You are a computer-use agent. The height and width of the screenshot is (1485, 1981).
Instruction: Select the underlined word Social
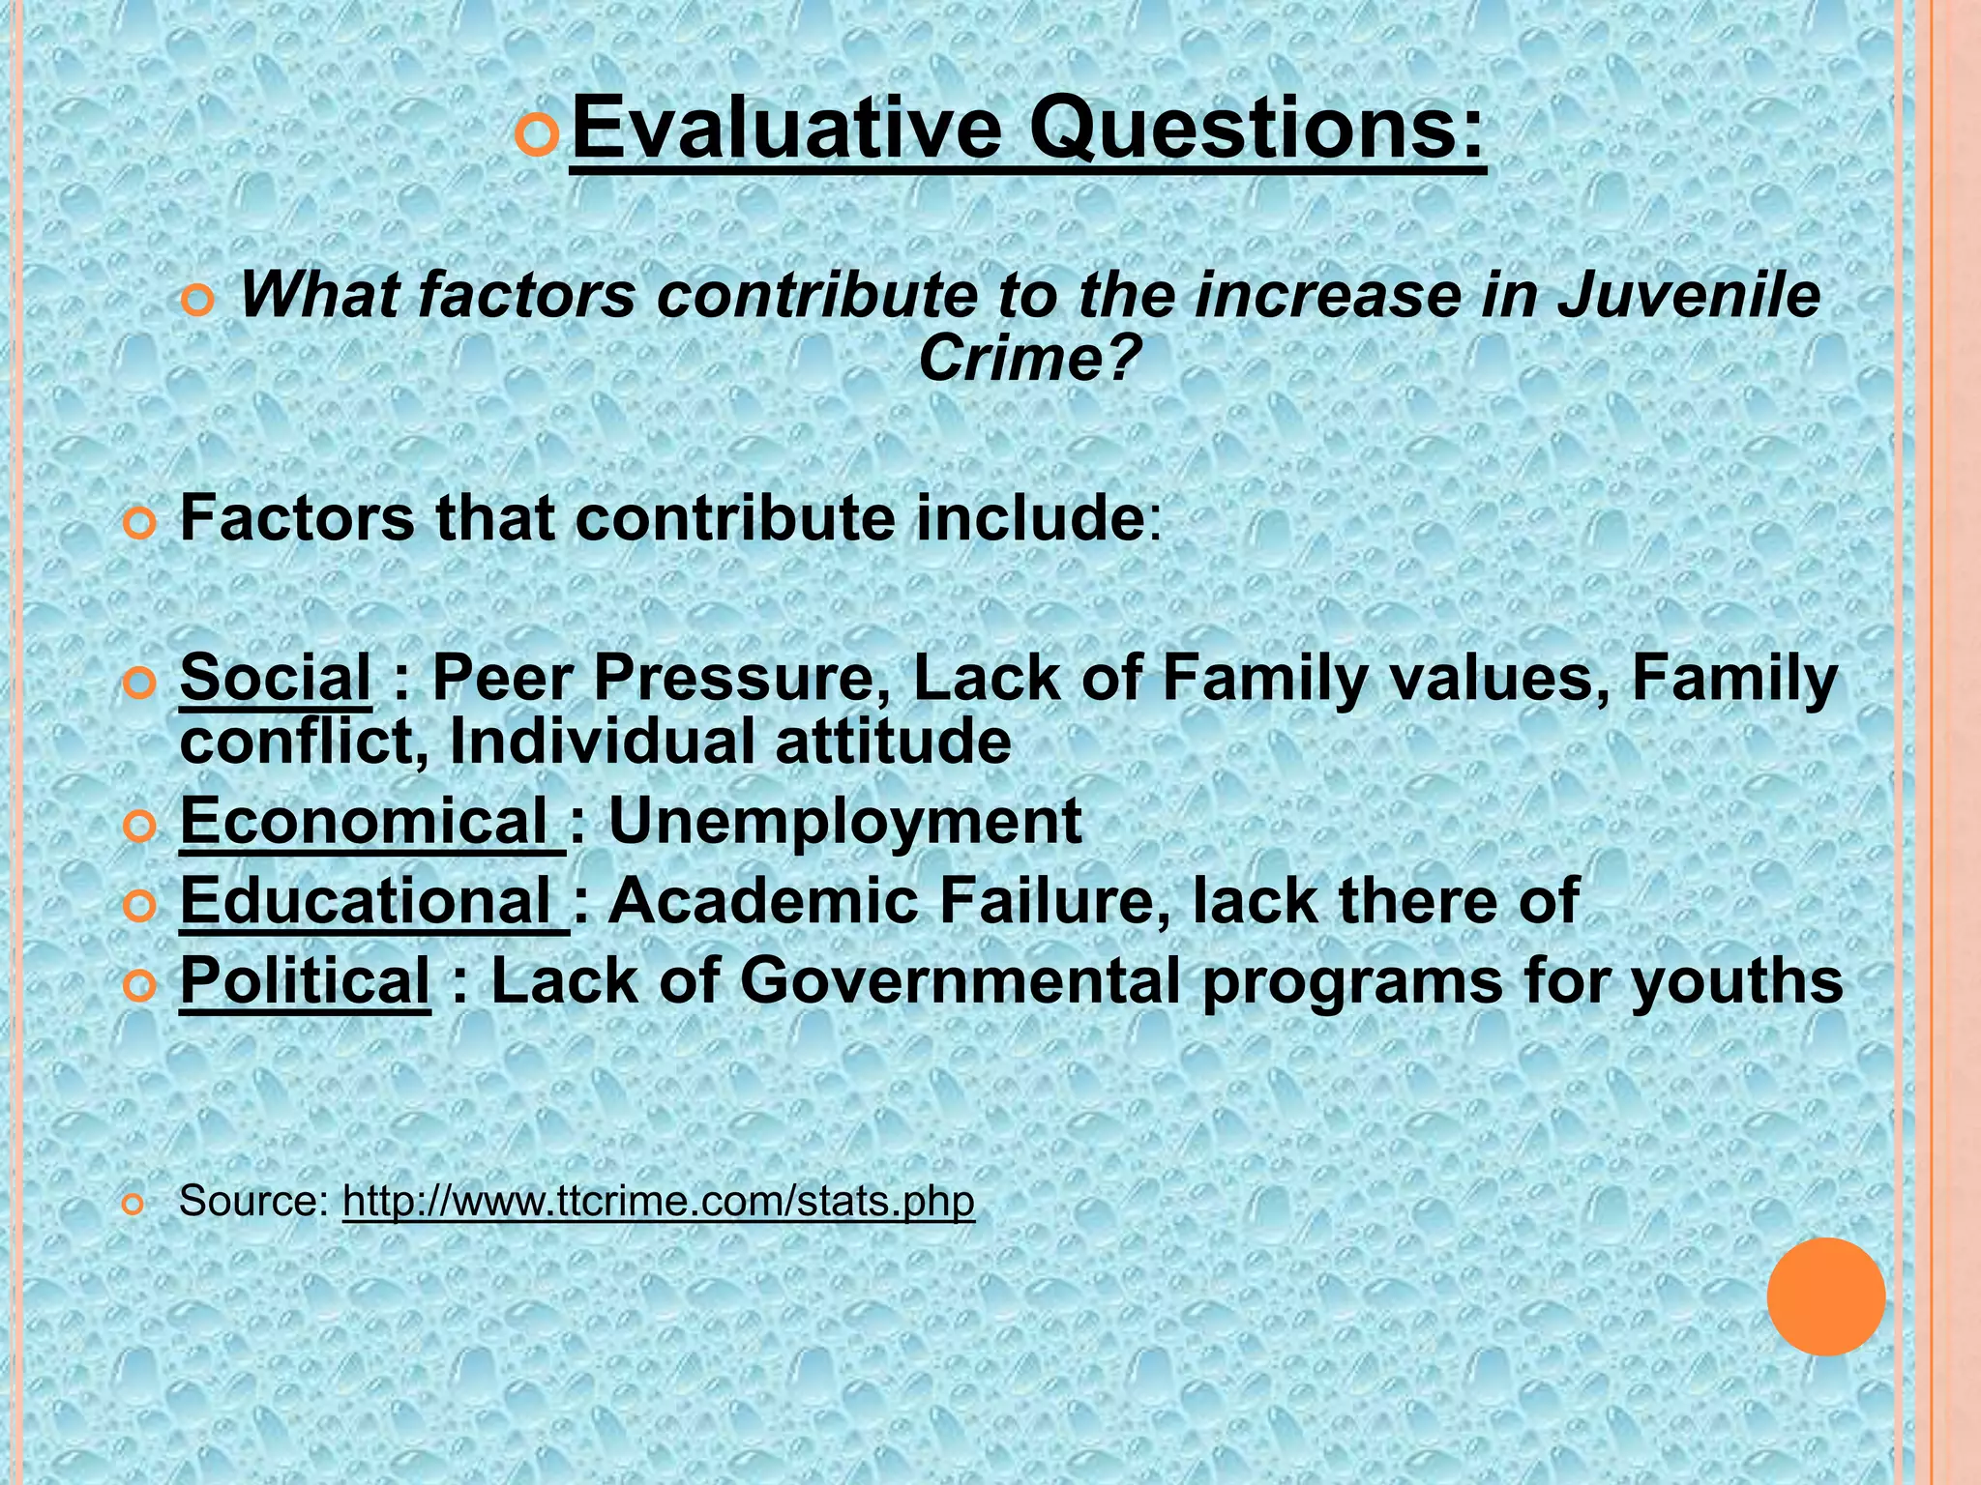275,677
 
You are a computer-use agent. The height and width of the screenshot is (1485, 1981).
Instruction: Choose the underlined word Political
305,980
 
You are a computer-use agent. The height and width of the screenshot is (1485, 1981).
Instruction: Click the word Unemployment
844,822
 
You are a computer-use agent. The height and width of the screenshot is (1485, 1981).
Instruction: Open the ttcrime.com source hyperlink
659,1201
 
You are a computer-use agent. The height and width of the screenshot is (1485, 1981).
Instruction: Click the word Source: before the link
254,1201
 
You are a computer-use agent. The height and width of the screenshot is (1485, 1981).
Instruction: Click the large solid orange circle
1826,1296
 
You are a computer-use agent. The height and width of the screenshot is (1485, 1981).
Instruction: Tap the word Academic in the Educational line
762,901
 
